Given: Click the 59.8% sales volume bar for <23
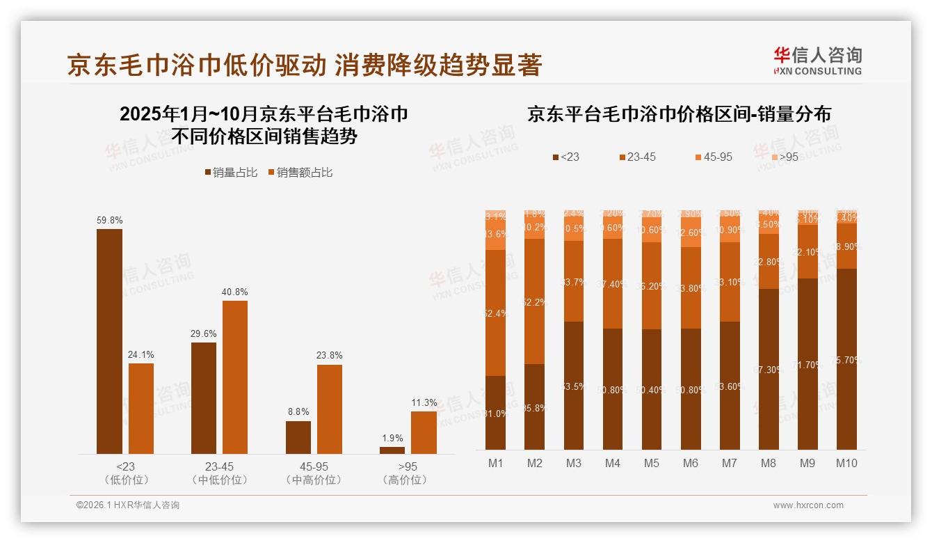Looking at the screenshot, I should (x=109, y=341).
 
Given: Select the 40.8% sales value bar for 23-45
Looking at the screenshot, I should (x=235, y=377).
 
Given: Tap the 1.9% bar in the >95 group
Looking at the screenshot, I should (x=392, y=450).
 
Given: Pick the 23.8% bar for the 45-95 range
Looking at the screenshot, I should (x=330, y=409).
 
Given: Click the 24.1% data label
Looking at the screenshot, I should (x=140, y=354).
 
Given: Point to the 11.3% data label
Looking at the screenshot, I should (x=424, y=402).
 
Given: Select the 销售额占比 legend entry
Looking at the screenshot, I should (x=299, y=172).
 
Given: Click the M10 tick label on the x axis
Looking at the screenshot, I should (x=846, y=463).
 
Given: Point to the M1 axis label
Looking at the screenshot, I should (x=495, y=463).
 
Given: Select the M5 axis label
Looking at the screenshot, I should (x=651, y=463).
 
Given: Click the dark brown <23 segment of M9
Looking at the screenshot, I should (x=808, y=363).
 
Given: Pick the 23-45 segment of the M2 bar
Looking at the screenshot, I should (x=534, y=301).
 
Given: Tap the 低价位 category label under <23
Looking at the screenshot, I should (x=126, y=480).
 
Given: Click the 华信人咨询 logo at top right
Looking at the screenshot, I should (x=817, y=61).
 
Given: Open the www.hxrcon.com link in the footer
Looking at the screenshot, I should (x=808, y=505).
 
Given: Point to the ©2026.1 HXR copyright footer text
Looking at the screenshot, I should (x=128, y=505).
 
